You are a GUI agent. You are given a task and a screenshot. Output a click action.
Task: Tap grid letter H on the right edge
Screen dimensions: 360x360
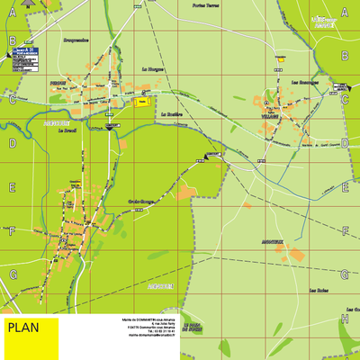point(345,319)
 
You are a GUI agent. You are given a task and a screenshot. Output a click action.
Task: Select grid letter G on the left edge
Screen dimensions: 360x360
point(13,274)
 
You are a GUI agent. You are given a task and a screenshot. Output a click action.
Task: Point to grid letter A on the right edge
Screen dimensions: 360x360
point(345,13)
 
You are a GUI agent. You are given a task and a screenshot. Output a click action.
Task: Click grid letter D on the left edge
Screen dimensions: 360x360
point(13,143)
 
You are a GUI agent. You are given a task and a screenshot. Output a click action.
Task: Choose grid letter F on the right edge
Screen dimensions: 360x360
point(345,231)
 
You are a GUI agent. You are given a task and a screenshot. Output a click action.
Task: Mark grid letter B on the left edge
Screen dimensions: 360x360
point(13,40)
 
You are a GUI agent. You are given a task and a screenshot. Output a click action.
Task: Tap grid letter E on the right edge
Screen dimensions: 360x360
point(345,187)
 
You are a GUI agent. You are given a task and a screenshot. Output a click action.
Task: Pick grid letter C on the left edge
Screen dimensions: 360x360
point(13,100)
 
